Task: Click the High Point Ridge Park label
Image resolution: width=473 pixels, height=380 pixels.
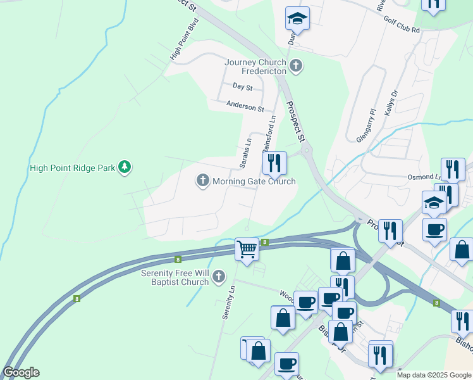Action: [72, 168]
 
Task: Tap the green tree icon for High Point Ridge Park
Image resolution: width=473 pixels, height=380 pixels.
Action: [125, 167]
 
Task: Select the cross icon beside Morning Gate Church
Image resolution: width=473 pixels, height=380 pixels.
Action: [203, 181]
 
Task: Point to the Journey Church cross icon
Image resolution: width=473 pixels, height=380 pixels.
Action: [295, 65]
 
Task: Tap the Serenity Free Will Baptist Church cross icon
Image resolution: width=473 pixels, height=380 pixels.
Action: [219, 276]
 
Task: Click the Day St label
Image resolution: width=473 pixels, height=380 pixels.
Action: [242, 86]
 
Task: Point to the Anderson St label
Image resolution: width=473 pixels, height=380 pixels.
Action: [245, 108]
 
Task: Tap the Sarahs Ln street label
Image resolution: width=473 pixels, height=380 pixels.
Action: [245, 153]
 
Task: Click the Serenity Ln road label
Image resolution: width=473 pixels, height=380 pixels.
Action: [228, 302]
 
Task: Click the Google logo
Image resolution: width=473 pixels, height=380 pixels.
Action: [21, 372]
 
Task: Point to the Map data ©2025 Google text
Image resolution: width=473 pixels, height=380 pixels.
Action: [434, 375]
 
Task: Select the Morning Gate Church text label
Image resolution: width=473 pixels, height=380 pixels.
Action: [254, 182]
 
